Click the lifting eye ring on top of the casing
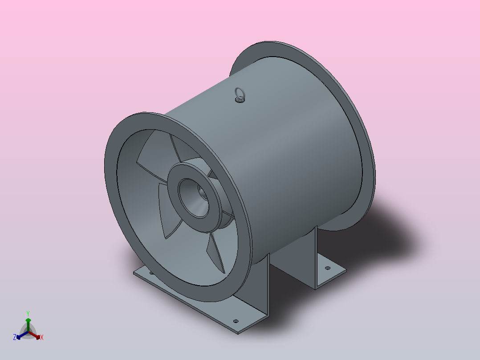tap(240, 91)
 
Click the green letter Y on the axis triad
tap(28, 313)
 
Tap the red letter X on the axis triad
tap(42, 337)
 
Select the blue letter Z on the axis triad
tap(15, 337)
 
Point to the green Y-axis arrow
tap(28, 325)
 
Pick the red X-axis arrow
tap(34, 335)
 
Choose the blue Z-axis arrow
tap(22, 335)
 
